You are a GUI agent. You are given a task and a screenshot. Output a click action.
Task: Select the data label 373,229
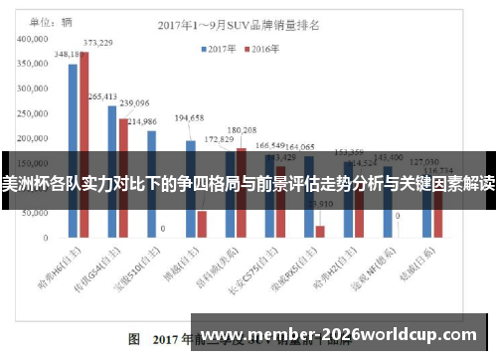[96, 43]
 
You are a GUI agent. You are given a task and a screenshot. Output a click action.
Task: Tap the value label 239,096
[134, 102]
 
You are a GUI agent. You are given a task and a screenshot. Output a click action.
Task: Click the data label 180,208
[242, 130]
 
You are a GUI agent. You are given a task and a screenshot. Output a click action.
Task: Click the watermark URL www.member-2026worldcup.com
[344, 335]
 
